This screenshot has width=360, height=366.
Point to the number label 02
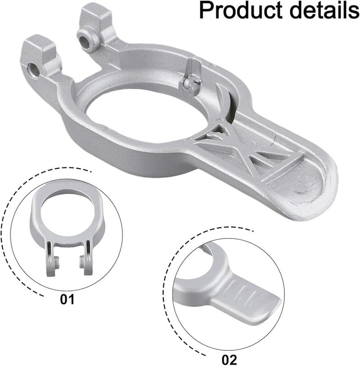[x=229, y=360]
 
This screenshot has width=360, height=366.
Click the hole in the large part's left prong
[x=32, y=70]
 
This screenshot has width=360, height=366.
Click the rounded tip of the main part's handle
[x=322, y=198]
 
